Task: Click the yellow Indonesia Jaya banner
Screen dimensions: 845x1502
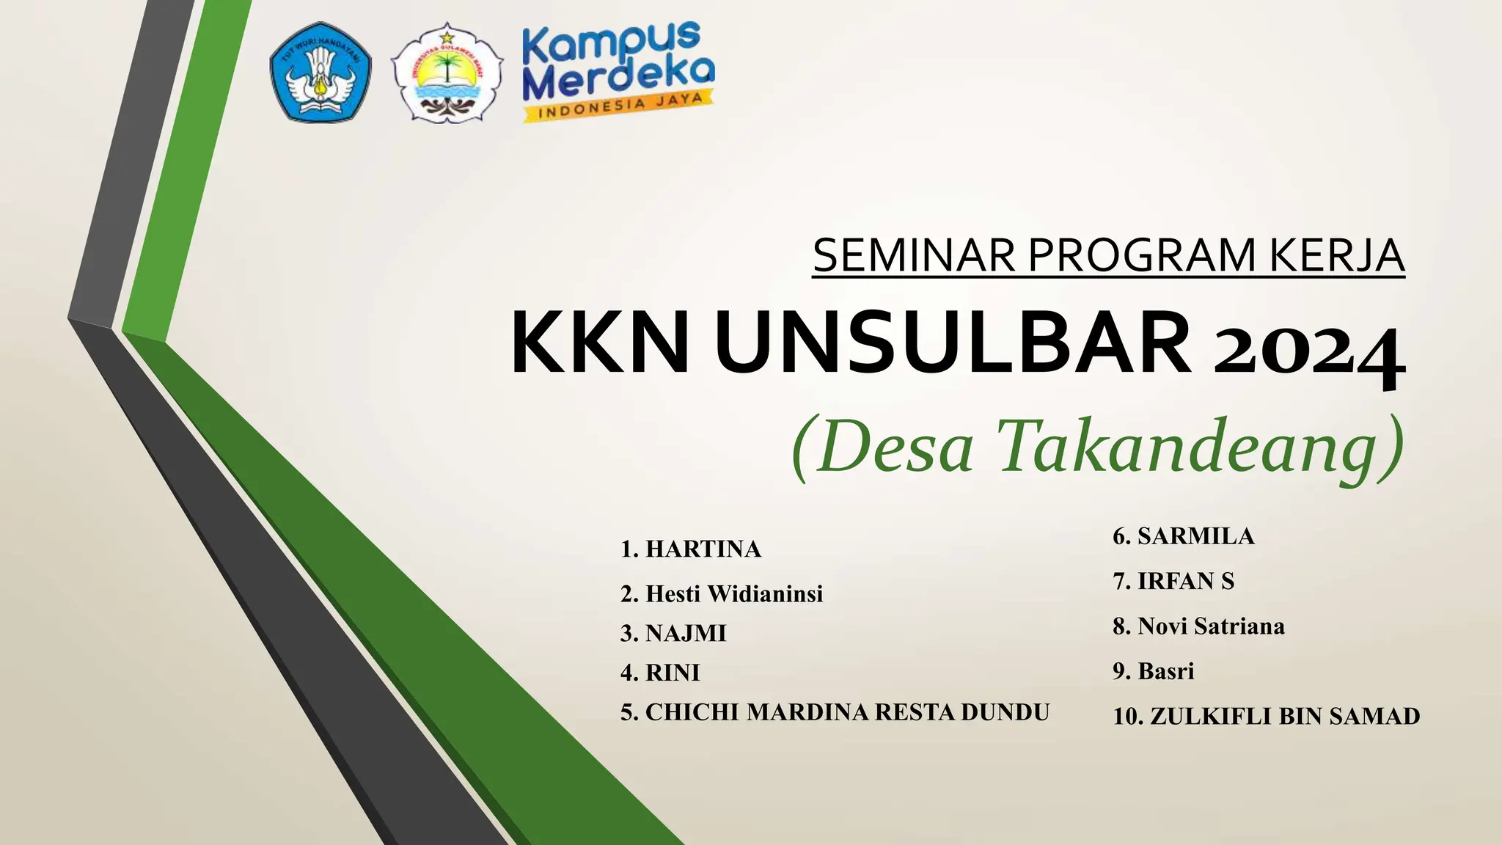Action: [x=618, y=107]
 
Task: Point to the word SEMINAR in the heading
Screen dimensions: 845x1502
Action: [x=914, y=255]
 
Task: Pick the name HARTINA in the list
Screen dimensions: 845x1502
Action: [x=703, y=549]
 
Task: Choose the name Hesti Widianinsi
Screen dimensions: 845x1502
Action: [x=733, y=593]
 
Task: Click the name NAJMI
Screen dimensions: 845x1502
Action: [x=685, y=633]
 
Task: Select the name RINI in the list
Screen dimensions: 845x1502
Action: [x=673, y=673]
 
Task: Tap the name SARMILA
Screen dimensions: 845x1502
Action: [x=1195, y=536]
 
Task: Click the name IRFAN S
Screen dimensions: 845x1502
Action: [x=1185, y=581]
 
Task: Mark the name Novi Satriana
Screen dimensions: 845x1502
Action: [x=1211, y=626]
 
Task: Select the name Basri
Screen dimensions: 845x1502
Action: [x=1165, y=671]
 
